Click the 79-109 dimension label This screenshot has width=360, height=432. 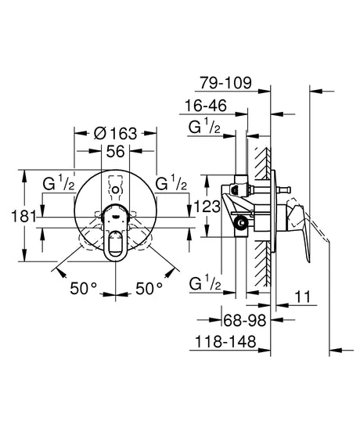point(225,83)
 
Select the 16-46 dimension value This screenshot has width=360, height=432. point(206,106)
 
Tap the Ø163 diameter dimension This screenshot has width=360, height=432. point(115,133)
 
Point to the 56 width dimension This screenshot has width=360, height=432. point(115,151)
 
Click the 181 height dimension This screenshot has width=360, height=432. point(23,216)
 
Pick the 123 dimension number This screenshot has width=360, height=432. point(207,206)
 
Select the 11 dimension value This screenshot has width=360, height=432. point(303,297)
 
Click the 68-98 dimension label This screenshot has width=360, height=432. point(245,320)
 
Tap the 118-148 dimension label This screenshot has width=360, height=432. point(225,342)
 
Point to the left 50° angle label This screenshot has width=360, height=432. point(83,289)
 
